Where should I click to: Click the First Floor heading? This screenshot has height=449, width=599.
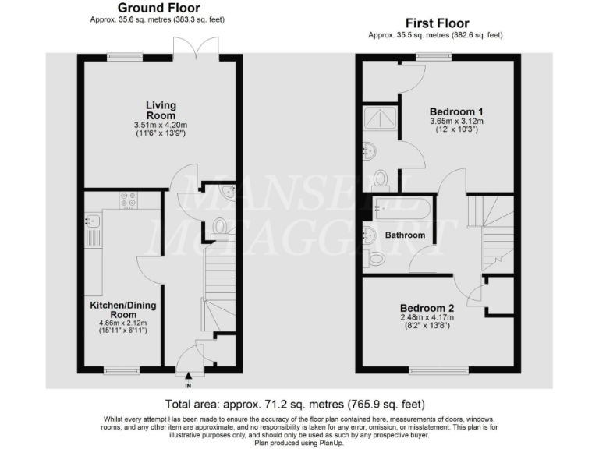coord(436,23)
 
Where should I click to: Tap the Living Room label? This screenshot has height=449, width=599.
coord(161,111)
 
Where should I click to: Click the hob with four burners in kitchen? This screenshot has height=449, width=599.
coord(128,201)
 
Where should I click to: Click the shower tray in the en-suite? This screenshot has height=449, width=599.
coord(381,118)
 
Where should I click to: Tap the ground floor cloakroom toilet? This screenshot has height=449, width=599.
coord(220,227)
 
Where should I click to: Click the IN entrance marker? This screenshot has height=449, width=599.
coord(187,385)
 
